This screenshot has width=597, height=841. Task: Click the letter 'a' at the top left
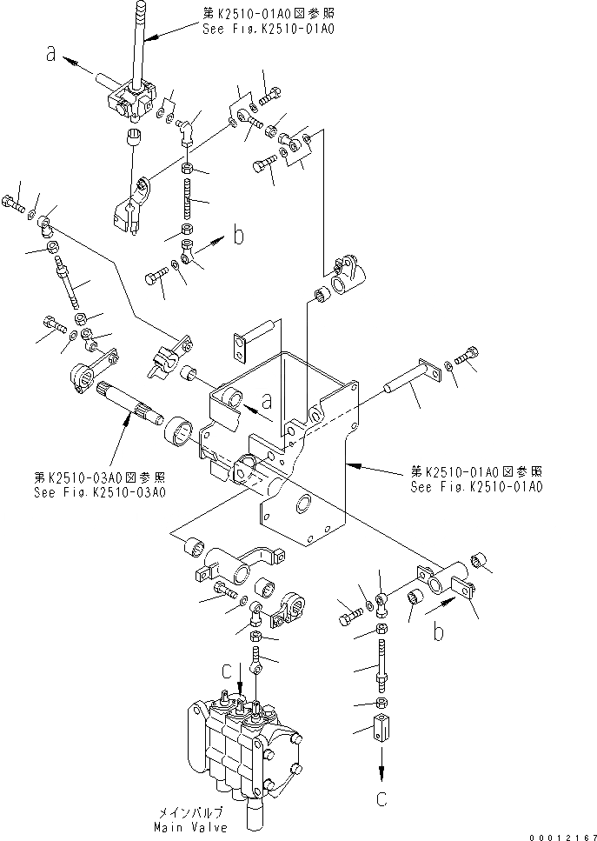[x=53, y=55]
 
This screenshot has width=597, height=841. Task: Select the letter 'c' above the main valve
[x=227, y=670]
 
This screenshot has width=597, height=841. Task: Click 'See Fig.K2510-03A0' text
[x=100, y=491]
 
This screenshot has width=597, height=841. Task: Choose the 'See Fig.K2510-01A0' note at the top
[x=265, y=30]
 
